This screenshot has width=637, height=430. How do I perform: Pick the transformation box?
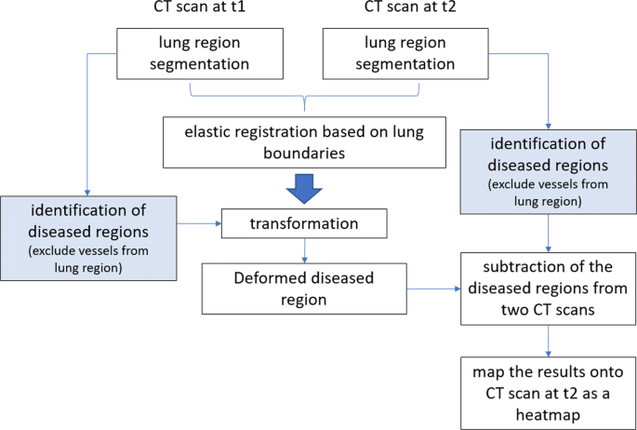pyautogui.click(x=302, y=223)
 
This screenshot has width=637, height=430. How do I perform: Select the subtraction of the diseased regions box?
pyautogui.click(x=548, y=289)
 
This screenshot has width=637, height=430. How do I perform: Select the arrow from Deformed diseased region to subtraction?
pyautogui.click(x=435, y=289)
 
